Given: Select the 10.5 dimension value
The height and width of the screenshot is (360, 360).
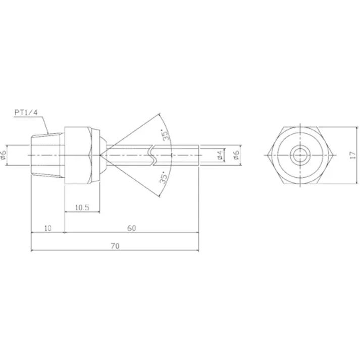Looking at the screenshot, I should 82,207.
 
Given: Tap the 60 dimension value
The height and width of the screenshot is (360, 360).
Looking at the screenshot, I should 131,228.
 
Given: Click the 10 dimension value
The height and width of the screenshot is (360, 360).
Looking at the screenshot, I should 47,228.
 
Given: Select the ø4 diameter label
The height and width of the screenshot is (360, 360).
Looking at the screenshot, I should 220,156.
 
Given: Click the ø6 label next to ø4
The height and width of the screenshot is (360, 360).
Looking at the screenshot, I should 236,156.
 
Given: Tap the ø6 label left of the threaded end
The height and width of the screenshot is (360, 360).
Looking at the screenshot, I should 4,155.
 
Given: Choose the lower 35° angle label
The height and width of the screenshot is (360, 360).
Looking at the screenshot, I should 163,177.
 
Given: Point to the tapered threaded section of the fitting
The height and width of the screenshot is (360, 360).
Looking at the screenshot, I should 48,154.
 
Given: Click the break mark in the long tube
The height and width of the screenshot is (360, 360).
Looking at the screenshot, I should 153,155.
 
